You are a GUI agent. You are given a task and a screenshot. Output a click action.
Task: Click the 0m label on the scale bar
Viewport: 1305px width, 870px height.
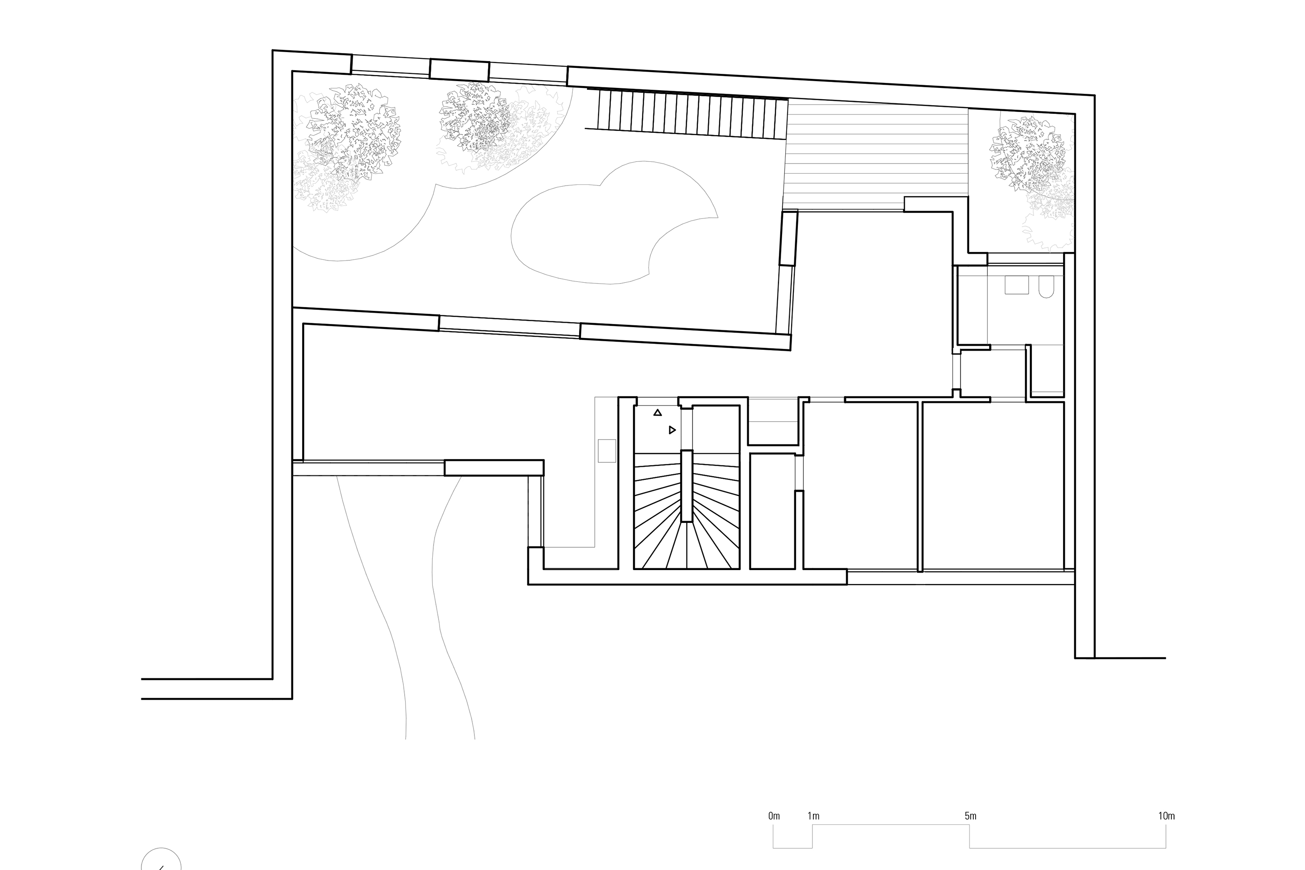point(774,816)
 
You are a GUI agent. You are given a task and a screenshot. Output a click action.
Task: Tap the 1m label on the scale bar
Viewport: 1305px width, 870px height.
point(813,816)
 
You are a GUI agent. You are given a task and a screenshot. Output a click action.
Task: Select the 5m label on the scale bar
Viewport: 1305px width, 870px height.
point(971,816)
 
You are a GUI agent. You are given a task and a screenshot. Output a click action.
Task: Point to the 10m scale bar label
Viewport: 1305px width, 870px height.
point(1166,816)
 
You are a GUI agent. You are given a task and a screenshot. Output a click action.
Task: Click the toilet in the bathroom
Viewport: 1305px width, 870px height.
point(1046,286)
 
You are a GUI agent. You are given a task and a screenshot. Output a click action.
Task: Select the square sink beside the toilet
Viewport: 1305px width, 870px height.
point(1017,285)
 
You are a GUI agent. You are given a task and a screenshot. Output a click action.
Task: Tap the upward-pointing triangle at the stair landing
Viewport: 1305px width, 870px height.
point(657,412)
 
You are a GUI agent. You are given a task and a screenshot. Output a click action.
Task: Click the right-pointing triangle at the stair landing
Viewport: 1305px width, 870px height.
point(672,430)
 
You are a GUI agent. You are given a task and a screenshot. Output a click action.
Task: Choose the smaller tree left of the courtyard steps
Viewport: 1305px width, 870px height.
point(475,118)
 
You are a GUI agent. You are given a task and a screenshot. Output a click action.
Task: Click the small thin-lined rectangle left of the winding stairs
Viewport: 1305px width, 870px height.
point(607,450)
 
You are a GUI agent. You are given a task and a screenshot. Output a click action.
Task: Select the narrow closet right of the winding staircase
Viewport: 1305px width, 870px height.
point(772,511)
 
